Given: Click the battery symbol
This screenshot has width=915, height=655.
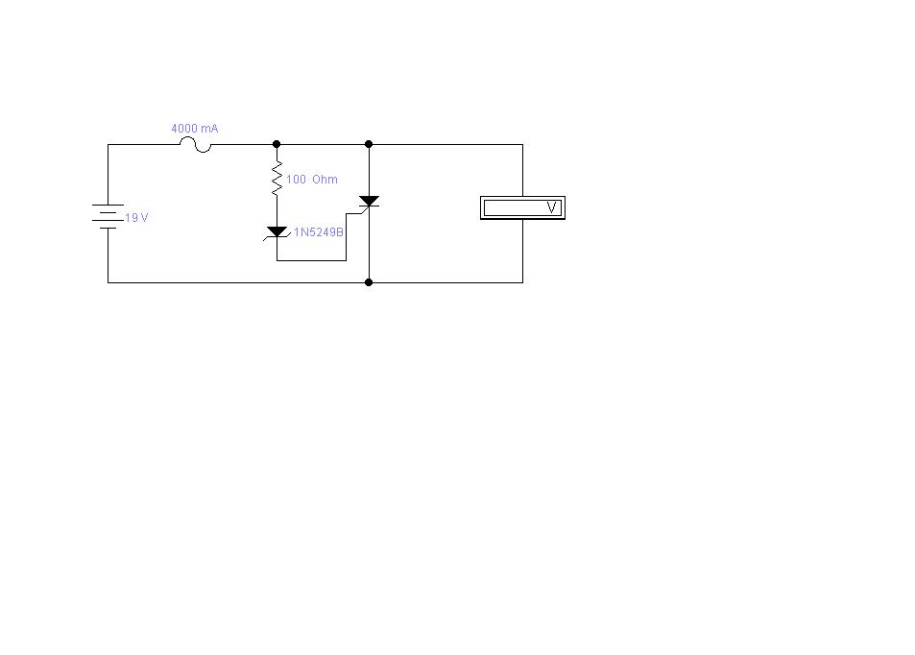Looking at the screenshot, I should click(x=108, y=216).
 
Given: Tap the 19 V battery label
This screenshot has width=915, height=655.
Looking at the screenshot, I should click(x=137, y=218).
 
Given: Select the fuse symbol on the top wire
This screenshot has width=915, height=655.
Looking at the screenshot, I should click(x=196, y=145).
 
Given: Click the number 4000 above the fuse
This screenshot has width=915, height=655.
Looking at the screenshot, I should click(x=184, y=129).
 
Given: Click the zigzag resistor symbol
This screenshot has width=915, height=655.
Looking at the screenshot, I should click(x=277, y=178).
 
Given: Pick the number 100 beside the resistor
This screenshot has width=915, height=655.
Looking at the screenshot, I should click(x=295, y=180).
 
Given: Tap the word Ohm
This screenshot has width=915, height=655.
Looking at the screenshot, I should click(x=325, y=180).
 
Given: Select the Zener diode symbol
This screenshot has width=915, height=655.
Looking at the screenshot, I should click(x=277, y=231).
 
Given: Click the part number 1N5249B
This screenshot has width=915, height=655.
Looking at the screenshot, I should click(x=319, y=231).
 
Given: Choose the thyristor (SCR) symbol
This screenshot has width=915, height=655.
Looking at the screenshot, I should click(x=369, y=203).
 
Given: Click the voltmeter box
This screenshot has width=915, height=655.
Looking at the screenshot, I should click(x=522, y=207).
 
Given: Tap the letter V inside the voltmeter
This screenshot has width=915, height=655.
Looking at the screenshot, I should click(x=552, y=207).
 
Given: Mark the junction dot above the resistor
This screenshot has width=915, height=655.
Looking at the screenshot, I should click(x=277, y=144).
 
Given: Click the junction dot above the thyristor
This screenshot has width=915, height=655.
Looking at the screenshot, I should click(x=369, y=144).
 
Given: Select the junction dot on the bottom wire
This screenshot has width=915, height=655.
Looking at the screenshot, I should click(x=369, y=282).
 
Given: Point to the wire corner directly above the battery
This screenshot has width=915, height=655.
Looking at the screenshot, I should click(x=108, y=144).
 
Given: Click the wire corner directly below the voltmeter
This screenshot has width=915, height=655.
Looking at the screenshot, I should click(x=522, y=282).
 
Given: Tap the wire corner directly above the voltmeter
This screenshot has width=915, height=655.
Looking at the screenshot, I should click(x=522, y=144).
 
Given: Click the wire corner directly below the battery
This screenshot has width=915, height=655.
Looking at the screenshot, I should click(x=108, y=282).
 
